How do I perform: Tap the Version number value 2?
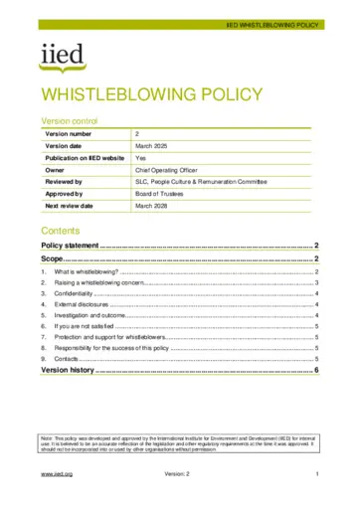[137, 132]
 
